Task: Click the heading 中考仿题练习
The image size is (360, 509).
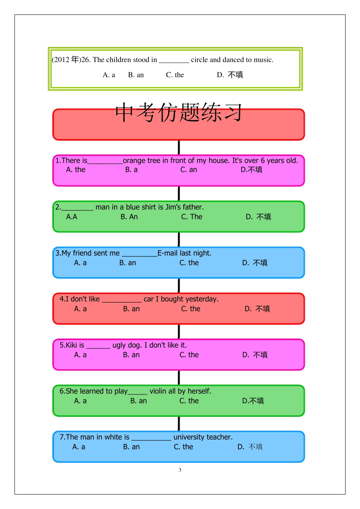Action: click(178, 112)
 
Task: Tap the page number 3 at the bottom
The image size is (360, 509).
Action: click(180, 470)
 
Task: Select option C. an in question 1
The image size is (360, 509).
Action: click(188, 170)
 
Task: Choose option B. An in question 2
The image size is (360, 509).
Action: click(129, 217)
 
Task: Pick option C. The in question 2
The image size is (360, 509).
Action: click(192, 217)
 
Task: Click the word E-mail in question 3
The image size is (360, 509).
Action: click(168, 253)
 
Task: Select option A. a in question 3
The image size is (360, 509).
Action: click(80, 263)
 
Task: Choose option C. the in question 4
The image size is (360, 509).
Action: click(191, 309)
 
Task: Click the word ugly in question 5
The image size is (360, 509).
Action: click(119, 345)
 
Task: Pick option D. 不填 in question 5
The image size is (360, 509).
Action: click(255, 355)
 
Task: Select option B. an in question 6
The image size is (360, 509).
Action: click(138, 401)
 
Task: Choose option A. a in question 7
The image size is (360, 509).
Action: click(79, 447)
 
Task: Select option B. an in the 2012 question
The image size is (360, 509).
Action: click(136, 75)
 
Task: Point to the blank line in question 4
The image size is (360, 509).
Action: click(122, 301)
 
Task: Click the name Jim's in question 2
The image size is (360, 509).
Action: click(173, 207)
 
